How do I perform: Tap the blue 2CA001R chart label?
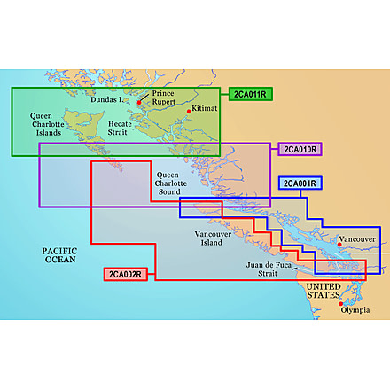click(301, 183)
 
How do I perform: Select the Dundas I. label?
click(109, 100)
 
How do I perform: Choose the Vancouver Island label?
click(213, 238)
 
